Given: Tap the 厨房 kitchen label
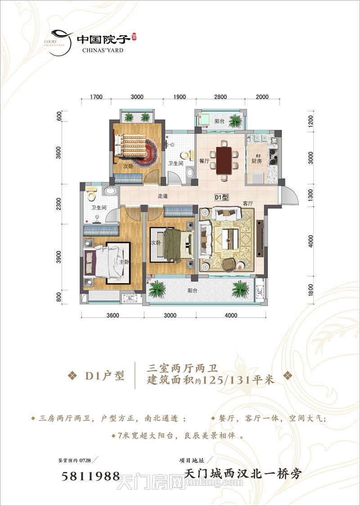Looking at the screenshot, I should coord(256,161).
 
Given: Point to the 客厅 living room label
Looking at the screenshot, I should coord(247,203).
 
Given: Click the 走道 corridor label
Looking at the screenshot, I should coord(162,196).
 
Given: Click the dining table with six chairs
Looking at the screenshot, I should coord(224,160).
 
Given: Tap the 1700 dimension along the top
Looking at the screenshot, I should coord(96,97).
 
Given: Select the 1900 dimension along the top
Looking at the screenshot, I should coord(180,97).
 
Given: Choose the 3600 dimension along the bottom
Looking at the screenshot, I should coord(112,316).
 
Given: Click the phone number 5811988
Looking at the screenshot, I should coord(90,476).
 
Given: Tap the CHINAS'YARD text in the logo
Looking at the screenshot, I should coord(103,50).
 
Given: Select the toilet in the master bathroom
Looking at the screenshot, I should coord(92,194).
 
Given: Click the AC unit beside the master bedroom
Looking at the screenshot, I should coord(129,298).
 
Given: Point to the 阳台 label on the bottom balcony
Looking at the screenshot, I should coord(193,290).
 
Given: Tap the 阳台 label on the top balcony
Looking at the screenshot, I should coord(219,121).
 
